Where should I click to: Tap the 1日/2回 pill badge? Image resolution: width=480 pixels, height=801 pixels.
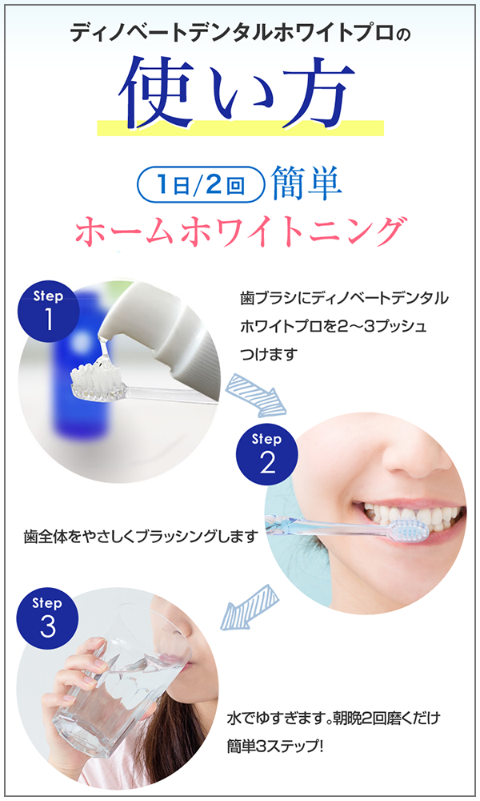tap(201, 184)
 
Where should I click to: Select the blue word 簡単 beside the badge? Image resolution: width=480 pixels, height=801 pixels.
tap(306, 184)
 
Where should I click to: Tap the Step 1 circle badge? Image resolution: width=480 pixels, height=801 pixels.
tap(49, 311)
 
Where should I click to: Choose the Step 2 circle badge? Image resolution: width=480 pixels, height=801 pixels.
tap(266, 453)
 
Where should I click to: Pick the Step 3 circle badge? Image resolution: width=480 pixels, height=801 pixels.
tap(48, 618)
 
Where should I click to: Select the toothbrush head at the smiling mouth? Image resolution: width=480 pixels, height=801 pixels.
tap(408, 529)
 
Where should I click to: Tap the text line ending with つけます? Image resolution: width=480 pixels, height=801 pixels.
tap(268, 354)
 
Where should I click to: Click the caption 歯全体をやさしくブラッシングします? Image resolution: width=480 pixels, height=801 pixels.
tap(141, 537)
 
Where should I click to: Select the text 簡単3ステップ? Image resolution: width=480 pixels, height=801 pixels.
tap(275, 747)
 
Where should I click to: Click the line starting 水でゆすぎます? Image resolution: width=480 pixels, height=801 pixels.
tap(333, 718)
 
